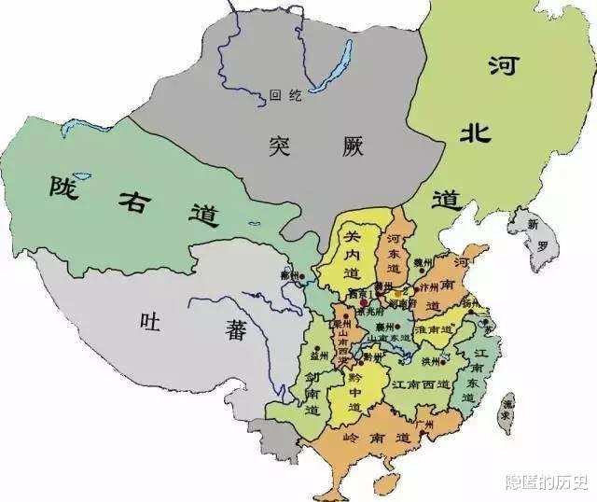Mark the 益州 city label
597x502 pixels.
tap(320, 356)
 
